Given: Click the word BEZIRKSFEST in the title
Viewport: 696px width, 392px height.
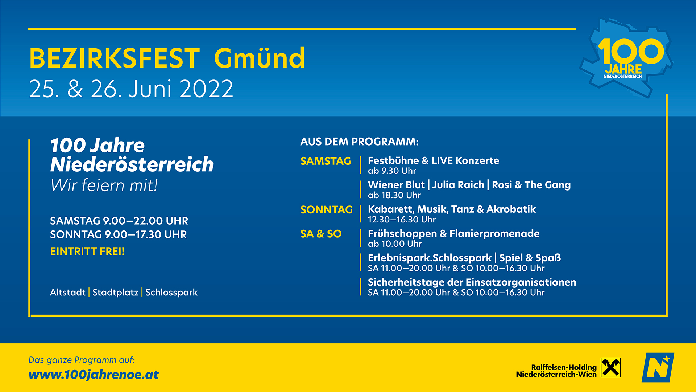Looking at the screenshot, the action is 114,58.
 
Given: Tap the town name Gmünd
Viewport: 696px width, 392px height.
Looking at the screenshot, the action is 260,58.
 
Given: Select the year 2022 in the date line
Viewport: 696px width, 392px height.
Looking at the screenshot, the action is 206,89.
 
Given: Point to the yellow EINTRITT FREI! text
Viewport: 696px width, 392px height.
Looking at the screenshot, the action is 87,251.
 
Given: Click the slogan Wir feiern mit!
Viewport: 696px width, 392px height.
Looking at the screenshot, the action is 104,185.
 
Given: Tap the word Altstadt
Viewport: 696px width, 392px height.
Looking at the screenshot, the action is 68,292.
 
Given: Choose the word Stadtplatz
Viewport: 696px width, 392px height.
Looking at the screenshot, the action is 115,292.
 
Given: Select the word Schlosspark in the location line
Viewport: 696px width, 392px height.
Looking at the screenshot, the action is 171,293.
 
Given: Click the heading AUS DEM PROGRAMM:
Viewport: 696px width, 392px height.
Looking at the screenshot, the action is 359,142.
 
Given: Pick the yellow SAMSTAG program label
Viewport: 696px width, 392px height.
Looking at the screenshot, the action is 326,161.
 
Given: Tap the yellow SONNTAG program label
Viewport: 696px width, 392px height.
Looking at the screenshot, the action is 326,209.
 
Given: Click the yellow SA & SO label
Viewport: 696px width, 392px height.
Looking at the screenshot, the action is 321,234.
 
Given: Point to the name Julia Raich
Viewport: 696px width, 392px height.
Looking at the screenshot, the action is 458,185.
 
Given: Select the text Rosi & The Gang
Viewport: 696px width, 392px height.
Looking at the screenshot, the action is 531,185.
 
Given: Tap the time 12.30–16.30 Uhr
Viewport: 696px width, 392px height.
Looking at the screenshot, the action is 402,219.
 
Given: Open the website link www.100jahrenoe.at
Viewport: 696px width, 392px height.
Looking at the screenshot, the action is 94,375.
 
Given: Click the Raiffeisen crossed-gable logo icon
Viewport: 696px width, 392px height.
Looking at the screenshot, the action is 611,367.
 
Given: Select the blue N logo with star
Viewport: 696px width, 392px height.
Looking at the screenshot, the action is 658,367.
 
